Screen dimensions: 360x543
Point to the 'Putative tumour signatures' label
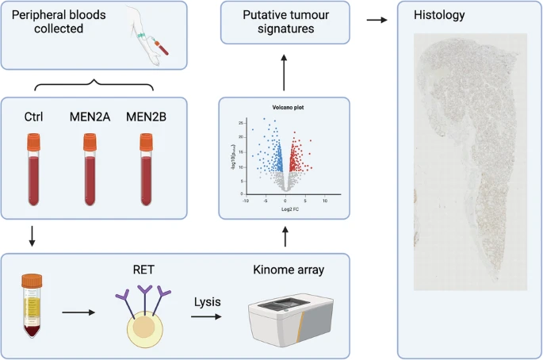[x=283, y=22]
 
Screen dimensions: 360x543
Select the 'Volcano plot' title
[x=283, y=105]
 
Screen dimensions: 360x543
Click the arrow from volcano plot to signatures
[x=283, y=70]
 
